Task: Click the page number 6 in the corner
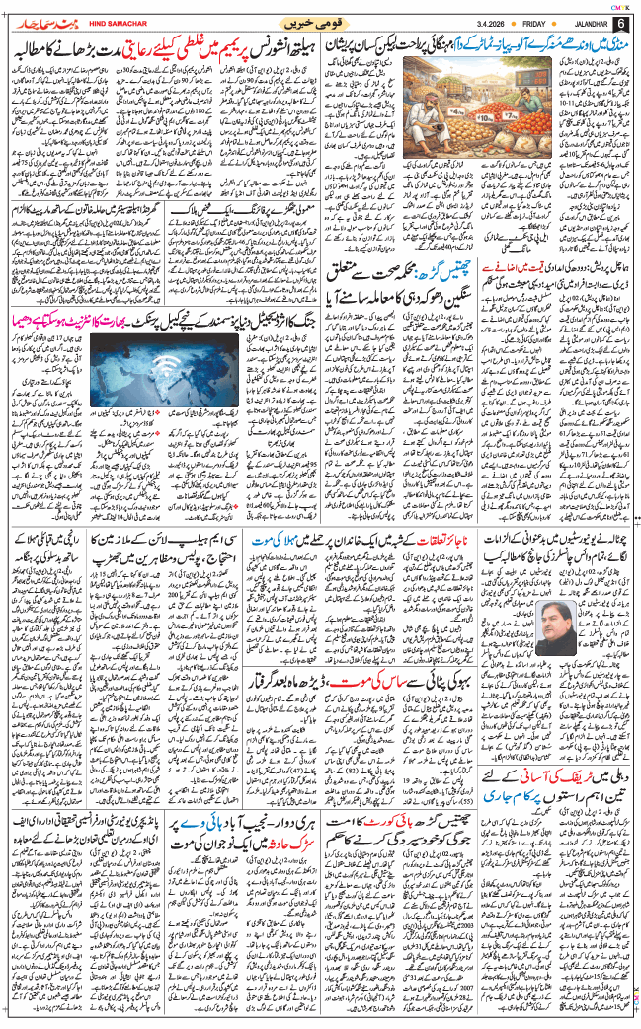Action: click(x=620, y=23)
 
